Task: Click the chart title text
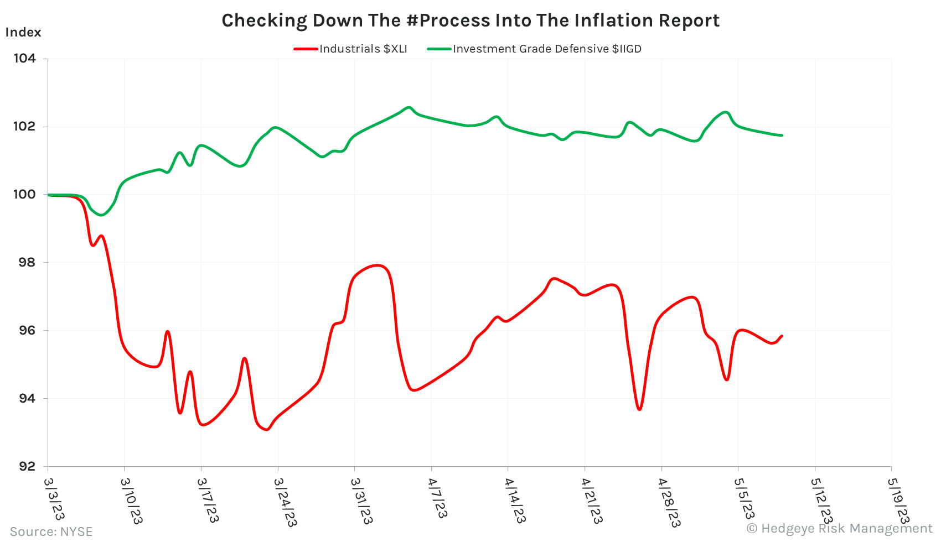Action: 471,20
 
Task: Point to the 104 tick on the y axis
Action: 24,59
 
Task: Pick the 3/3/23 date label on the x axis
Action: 54,499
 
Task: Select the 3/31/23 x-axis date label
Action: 361,501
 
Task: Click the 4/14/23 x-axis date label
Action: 514,501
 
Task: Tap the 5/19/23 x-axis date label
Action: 897,501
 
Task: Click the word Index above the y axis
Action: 23,33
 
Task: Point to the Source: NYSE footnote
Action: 51,531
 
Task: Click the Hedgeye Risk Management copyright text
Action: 839,529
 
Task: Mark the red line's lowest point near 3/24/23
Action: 267,429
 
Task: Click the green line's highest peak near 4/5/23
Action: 409,107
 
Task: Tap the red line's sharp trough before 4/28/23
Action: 639,409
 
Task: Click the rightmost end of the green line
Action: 782,135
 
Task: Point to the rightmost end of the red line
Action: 782,336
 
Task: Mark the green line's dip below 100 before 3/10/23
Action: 101,215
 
